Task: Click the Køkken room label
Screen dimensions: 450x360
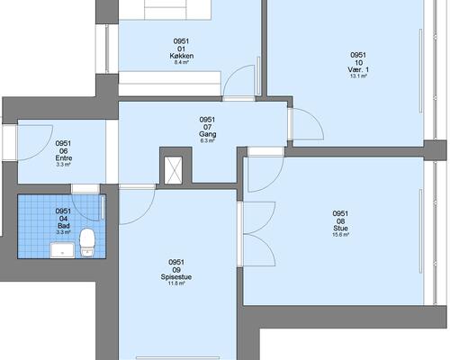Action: click(x=182, y=56)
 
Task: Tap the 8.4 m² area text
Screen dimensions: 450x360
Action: click(x=182, y=62)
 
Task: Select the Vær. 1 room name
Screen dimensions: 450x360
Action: click(x=358, y=69)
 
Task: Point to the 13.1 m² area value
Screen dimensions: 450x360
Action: click(x=358, y=76)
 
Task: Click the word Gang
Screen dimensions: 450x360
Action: click(x=208, y=134)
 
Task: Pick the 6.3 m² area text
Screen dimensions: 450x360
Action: click(x=208, y=140)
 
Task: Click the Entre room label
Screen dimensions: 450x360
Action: click(x=64, y=158)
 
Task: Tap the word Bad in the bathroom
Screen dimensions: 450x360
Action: click(x=64, y=226)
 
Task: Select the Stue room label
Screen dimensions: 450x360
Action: click(x=340, y=229)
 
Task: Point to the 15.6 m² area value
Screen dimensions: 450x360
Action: click(x=340, y=235)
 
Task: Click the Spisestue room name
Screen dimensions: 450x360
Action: click(x=176, y=277)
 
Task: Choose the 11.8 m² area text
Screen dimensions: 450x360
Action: click(x=176, y=283)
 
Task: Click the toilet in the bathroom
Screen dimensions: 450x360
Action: click(x=87, y=243)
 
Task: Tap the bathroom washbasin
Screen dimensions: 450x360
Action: click(x=62, y=250)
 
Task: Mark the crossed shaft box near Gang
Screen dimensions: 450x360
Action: click(x=174, y=170)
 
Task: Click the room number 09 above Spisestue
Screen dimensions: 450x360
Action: click(x=176, y=270)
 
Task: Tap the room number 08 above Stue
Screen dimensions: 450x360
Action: click(x=340, y=221)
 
